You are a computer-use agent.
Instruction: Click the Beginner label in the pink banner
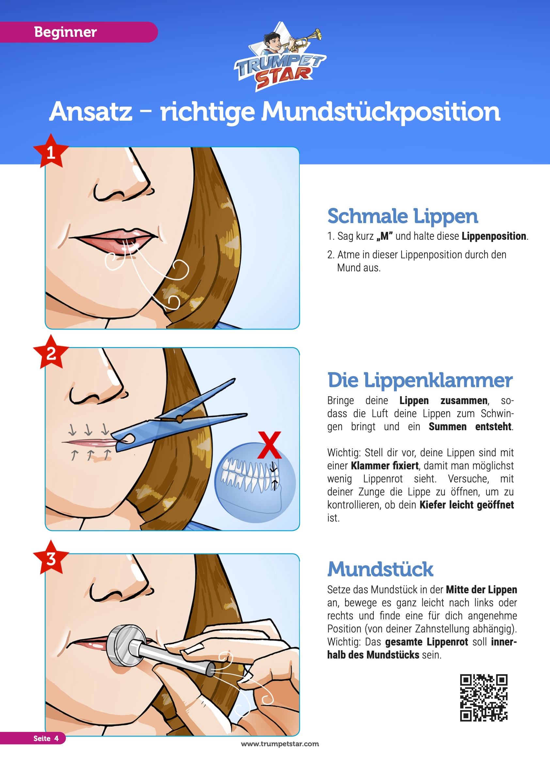pos(65,32)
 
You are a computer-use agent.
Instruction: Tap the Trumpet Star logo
pos(280,57)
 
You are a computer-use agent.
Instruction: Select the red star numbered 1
pos(51,151)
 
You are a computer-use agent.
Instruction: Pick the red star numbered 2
pos(51,352)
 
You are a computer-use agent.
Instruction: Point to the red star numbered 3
pos(51,557)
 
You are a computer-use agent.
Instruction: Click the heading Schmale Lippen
pos(402,217)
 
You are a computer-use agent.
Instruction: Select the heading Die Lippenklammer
pos(420,380)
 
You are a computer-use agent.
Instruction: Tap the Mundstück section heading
pos(380,569)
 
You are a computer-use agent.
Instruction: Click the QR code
pos(483,698)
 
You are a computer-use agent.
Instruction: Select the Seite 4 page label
pos(46,738)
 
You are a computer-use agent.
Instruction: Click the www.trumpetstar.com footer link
pos(280,744)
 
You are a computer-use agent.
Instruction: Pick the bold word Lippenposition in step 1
pos(494,236)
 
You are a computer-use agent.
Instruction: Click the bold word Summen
pos(448,426)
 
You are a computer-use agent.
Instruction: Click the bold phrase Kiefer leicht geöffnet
pos(467,505)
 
